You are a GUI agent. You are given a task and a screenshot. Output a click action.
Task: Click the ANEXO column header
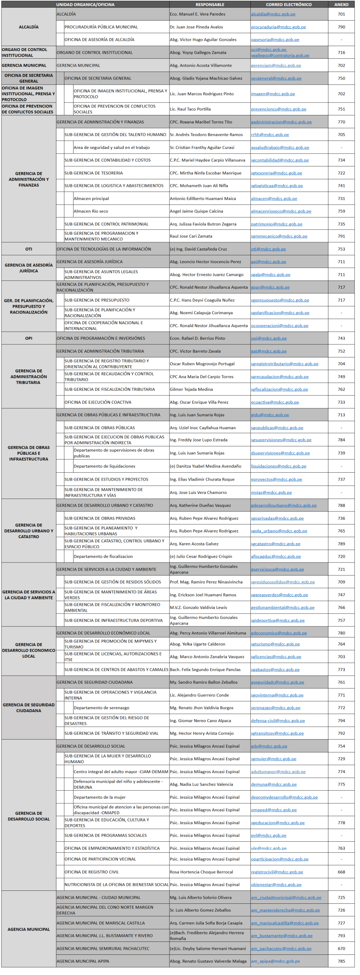[x=341, y=5]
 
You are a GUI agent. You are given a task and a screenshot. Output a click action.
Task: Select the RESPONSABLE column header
[x=210, y=5]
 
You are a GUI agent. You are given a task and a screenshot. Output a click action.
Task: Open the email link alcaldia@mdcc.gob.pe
[x=273, y=14]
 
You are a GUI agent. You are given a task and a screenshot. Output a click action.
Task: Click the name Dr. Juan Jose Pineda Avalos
[x=196, y=27]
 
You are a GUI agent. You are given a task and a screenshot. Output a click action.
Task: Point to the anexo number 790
[x=341, y=27]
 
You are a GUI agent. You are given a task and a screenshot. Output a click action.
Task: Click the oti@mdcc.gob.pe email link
[x=268, y=249]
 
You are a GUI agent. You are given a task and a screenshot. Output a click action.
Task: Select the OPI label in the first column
[x=29, y=338]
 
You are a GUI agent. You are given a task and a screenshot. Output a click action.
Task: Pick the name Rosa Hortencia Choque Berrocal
[x=201, y=872]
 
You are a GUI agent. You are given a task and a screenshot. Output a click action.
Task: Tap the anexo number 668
[x=341, y=872]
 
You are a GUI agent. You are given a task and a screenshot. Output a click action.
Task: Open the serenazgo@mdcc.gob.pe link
[x=275, y=708]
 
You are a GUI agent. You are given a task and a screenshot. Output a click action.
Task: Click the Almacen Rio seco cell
[x=91, y=211]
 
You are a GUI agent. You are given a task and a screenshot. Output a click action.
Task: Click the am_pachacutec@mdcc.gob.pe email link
[x=281, y=948]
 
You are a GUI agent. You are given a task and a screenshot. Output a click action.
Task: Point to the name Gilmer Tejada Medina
[x=191, y=389]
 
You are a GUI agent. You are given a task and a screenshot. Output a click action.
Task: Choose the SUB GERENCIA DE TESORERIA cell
[x=93, y=173]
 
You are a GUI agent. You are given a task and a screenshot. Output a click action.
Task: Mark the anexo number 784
[x=341, y=440]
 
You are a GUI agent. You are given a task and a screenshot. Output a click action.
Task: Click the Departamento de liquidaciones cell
[x=104, y=466]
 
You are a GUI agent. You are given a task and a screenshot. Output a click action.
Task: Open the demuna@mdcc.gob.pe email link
[x=274, y=784]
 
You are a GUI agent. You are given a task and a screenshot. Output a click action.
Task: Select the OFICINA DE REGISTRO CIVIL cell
[x=91, y=872]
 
